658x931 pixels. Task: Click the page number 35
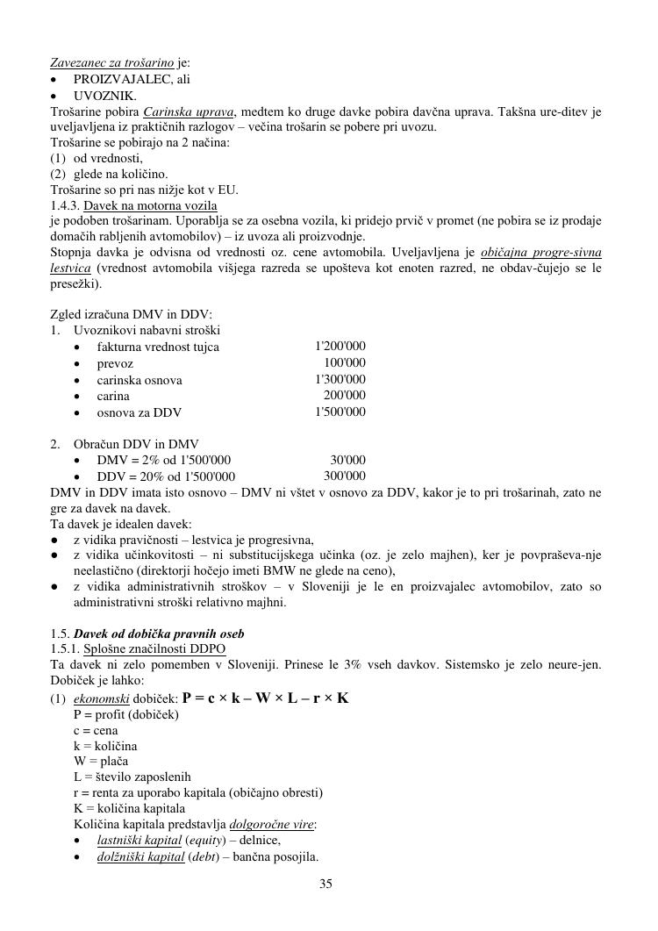pyautogui.click(x=325, y=884)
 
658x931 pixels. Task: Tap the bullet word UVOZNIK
pyautogui.click(x=104, y=96)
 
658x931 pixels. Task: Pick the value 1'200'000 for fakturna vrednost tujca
pyautogui.click(x=340, y=347)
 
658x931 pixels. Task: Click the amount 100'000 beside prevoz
pyautogui.click(x=345, y=363)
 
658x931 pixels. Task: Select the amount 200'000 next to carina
pyautogui.click(x=345, y=396)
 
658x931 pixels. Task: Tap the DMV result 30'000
pyautogui.click(x=348, y=460)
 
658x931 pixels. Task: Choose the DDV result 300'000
pyautogui.click(x=345, y=476)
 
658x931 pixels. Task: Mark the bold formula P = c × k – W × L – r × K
pyautogui.click(x=265, y=698)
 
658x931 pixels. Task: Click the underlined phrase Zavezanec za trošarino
pyautogui.click(x=111, y=63)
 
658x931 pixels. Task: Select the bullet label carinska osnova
pyautogui.click(x=139, y=380)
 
